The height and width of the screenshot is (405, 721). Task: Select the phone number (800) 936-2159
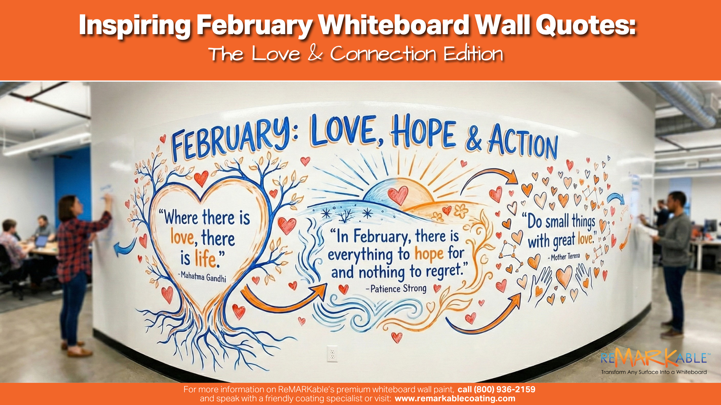tap(496, 389)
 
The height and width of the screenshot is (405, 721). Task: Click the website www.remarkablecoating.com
tap(455, 399)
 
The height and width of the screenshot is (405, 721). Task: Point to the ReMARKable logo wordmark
tap(653, 358)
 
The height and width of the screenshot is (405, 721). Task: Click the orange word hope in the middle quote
tap(429, 254)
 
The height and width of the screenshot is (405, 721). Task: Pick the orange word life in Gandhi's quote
tap(205, 258)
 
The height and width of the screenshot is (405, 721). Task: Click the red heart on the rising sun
tap(398, 195)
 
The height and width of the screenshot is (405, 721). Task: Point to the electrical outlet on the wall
tap(332, 353)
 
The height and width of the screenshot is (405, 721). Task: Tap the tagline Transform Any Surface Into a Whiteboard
tap(654, 372)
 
